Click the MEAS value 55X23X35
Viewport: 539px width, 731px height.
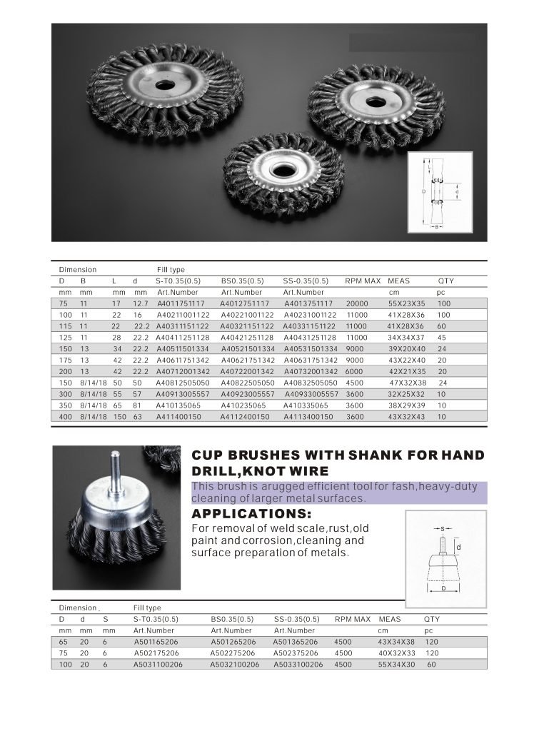(406, 303)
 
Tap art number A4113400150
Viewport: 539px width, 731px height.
(308, 415)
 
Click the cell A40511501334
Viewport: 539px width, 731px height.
(183, 348)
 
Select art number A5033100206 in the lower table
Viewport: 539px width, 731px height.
(298, 664)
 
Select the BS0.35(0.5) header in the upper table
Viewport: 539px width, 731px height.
(242, 281)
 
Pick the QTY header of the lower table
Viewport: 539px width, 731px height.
(432, 619)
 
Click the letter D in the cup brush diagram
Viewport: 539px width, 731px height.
(444, 590)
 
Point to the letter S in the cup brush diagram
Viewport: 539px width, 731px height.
(443, 529)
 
